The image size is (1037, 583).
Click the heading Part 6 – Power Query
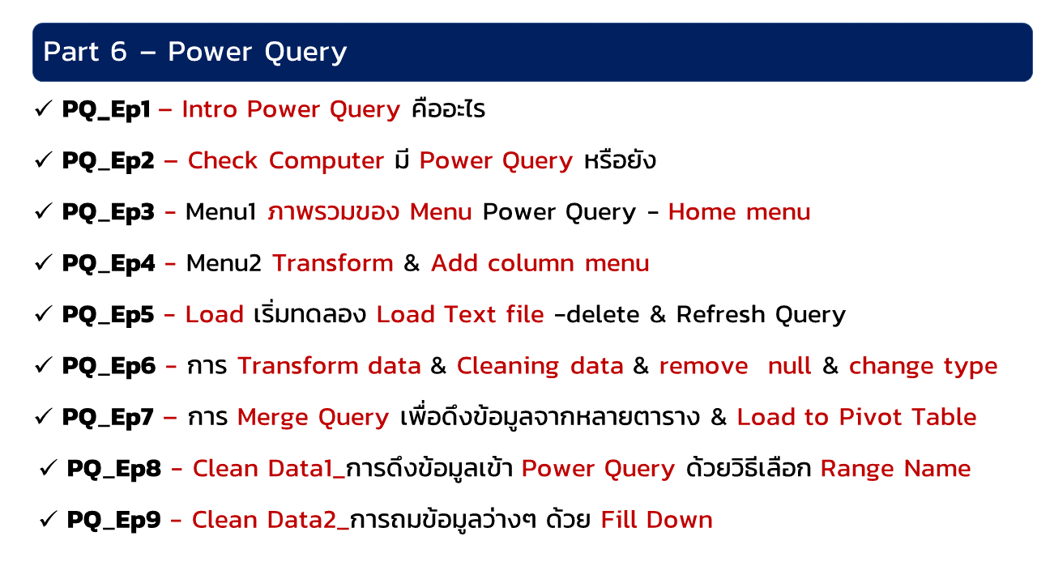[195, 51]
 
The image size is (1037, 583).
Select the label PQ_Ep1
[106, 109]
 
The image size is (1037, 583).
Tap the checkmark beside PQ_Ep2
[44, 160]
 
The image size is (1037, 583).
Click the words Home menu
[739, 212]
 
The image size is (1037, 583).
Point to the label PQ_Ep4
[109, 264]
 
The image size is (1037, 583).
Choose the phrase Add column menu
[540, 263]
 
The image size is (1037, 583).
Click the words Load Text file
[459, 314]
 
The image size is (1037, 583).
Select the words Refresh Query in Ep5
[761, 315]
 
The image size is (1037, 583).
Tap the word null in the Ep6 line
[789, 365]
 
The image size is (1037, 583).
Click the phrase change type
[923, 367]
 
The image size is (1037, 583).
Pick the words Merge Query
[313, 417]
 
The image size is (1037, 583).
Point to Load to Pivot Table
[856, 417]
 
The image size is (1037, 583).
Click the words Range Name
[895, 468]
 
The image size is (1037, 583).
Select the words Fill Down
[656, 520]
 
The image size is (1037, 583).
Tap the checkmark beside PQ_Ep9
[48, 519]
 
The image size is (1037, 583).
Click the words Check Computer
[286, 161]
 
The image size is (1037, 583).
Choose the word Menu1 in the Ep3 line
[221, 212]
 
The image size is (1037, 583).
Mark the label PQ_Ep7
[108, 418]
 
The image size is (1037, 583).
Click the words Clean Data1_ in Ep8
[269, 469]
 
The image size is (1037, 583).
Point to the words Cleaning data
[540, 367]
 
